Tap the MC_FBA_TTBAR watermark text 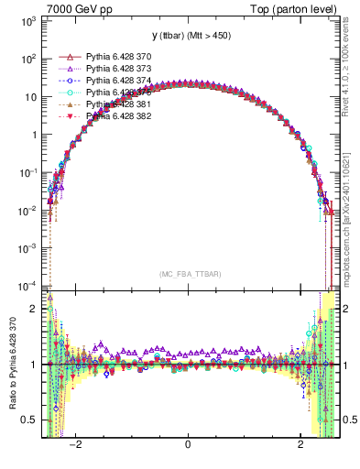tap(188, 273)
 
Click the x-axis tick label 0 tap(188, 445)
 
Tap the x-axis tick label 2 tap(300, 445)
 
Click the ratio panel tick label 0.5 tap(30, 420)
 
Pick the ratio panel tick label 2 tap(35, 309)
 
